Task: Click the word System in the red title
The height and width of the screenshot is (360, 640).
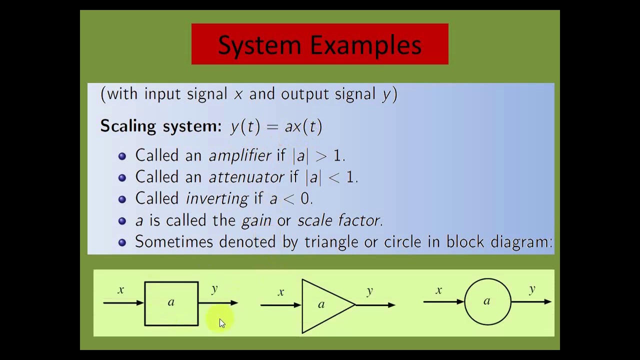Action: [x=259, y=45]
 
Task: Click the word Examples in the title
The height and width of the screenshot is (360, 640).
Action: [x=366, y=45]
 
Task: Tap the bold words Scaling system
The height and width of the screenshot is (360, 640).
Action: [x=160, y=126]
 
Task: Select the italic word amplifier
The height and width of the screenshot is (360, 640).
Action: [x=240, y=155]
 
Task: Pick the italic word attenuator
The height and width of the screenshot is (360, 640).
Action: [x=246, y=177]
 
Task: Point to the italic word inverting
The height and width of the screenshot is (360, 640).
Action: [x=216, y=198]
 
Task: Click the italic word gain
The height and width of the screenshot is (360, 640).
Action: [x=256, y=220]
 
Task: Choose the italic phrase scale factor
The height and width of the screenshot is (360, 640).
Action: [x=339, y=220]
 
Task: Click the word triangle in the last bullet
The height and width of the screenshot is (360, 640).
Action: [x=332, y=242]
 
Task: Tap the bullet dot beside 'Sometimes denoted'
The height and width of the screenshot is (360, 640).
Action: [x=122, y=242]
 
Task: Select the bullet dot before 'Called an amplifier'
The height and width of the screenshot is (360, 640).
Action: [x=122, y=156]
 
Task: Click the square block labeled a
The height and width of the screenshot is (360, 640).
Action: [x=171, y=303]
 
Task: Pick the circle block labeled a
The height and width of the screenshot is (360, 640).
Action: [x=487, y=301]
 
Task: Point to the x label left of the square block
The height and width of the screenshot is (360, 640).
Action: [x=120, y=290]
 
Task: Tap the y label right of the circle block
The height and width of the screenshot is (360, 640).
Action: [x=532, y=289]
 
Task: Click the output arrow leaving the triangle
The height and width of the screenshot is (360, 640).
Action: [x=375, y=304]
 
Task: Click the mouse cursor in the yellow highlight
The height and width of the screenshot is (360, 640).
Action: [x=222, y=323]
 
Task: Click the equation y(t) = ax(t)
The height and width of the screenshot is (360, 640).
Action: [x=276, y=126]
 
